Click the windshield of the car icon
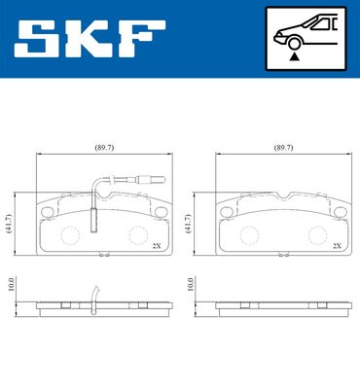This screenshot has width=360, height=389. (309, 26)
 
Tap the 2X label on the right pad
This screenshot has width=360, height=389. (336, 246)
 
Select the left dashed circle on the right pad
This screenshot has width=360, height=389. (249, 233)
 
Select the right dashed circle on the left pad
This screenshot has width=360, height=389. (139, 233)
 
